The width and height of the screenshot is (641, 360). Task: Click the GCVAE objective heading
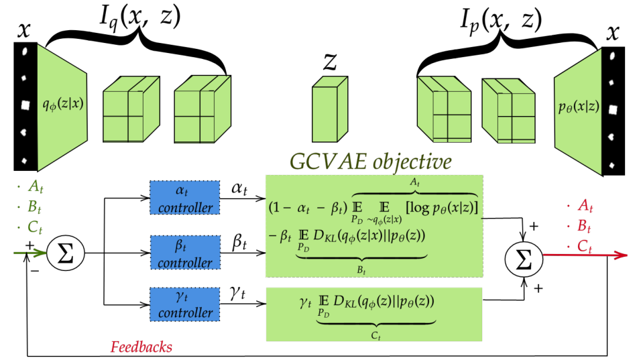370,163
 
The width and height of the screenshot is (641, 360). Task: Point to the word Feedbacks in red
141,347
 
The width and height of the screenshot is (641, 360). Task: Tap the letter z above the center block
330,62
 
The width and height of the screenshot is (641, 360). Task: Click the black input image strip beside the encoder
25,105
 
